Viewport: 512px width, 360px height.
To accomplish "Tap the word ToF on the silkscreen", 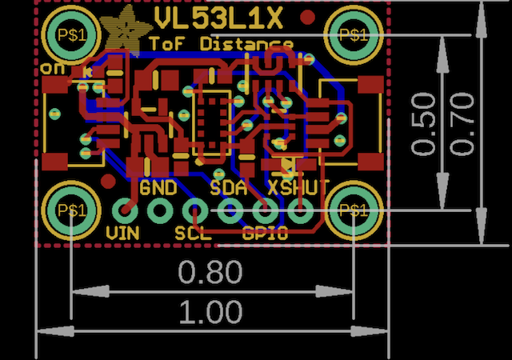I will point(170,43).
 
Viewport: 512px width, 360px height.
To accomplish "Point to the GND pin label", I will point(158,189).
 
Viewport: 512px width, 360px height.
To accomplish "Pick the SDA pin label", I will point(228,189).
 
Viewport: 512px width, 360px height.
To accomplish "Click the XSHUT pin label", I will point(299,189).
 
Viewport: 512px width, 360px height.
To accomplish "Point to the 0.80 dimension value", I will point(210,273).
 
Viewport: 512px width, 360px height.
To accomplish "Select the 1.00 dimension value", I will point(210,312).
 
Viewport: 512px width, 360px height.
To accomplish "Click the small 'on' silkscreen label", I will point(54,70).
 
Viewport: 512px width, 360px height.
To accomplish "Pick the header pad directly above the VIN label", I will point(123,211).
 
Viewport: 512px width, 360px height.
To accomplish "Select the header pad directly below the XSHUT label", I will point(300,211).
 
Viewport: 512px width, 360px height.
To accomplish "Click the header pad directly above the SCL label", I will point(194,211).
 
